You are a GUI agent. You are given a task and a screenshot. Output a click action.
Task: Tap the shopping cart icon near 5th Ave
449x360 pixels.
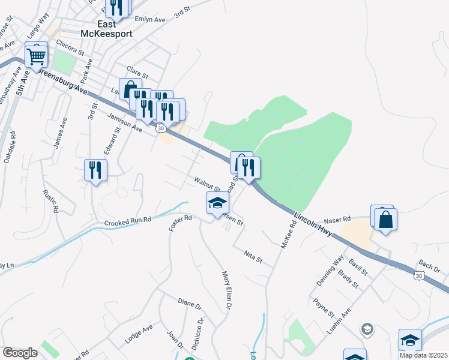[37, 56]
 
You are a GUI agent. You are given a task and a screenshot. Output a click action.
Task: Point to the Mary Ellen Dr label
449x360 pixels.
[227, 290]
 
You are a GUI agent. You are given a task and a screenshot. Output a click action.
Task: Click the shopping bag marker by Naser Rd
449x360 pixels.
[386, 219]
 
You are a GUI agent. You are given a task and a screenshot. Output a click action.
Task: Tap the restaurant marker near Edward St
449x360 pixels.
[95, 171]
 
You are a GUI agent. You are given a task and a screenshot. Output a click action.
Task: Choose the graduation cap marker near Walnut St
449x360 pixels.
[217, 203]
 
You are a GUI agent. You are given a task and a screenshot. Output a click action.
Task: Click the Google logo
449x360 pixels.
[20, 353]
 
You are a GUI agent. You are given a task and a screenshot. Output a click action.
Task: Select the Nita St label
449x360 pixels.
[254, 257]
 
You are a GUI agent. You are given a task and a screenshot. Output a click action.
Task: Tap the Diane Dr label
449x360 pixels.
[190, 304]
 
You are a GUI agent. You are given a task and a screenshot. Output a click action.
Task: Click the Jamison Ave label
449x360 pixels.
[125, 124]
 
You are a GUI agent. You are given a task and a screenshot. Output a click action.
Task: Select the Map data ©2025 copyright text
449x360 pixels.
[424, 355]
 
